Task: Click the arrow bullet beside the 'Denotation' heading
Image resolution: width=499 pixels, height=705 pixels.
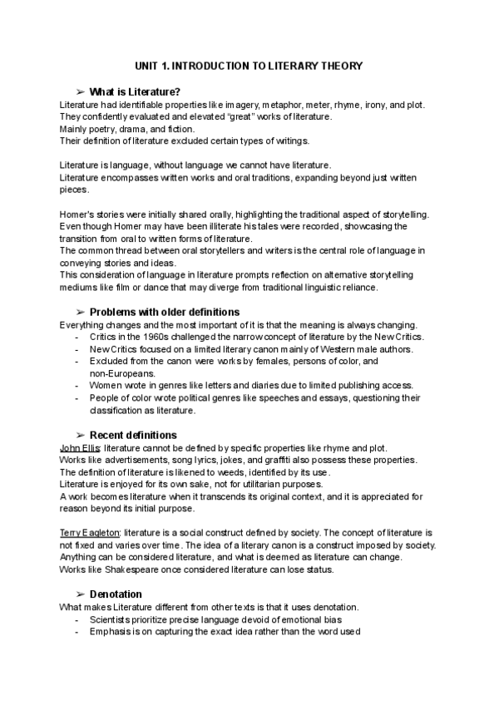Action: (x=80, y=594)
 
